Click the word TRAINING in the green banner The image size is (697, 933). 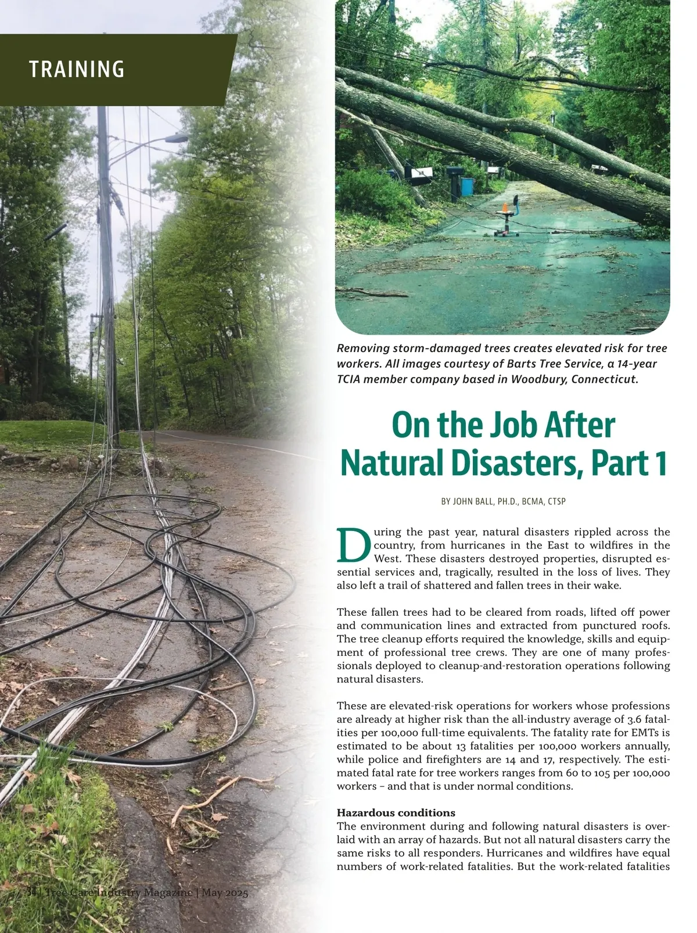click(x=77, y=69)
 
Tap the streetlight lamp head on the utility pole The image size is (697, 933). click(x=177, y=138)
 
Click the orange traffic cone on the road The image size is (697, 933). click(x=504, y=207)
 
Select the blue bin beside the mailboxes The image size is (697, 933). click(x=466, y=186)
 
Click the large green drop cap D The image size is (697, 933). click(x=353, y=545)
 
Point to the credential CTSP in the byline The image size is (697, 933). click(x=556, y=501)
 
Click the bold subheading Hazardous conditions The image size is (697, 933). click(x=396, y=813)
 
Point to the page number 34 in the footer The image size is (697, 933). click(x=31, y=892)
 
